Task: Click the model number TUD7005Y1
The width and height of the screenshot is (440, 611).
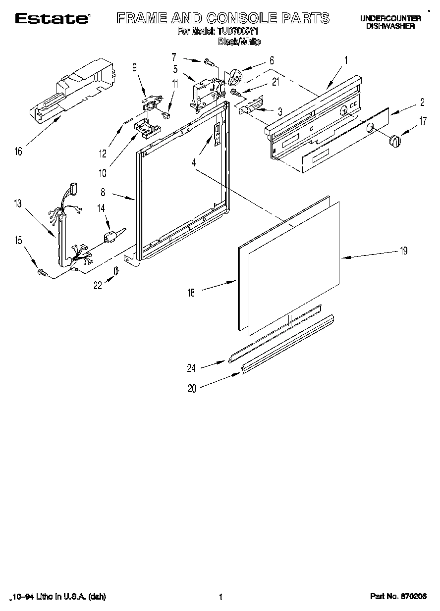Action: [238, 31]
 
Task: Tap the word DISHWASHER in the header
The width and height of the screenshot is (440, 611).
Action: [390, 26]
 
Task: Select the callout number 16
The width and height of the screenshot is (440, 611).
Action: [18, 152]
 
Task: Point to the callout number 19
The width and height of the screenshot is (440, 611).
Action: [404, 251]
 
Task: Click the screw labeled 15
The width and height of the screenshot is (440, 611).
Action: [42, 271]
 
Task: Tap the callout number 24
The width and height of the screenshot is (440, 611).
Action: [191, 368]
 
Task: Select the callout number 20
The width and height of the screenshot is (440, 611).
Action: [192, 389]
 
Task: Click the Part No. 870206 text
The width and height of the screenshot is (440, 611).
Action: [398, 597]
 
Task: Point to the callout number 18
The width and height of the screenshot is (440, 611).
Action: [191, 293]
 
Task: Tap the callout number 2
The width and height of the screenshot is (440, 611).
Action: [422, 102]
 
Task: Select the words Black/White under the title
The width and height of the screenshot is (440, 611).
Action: [239, 42]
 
